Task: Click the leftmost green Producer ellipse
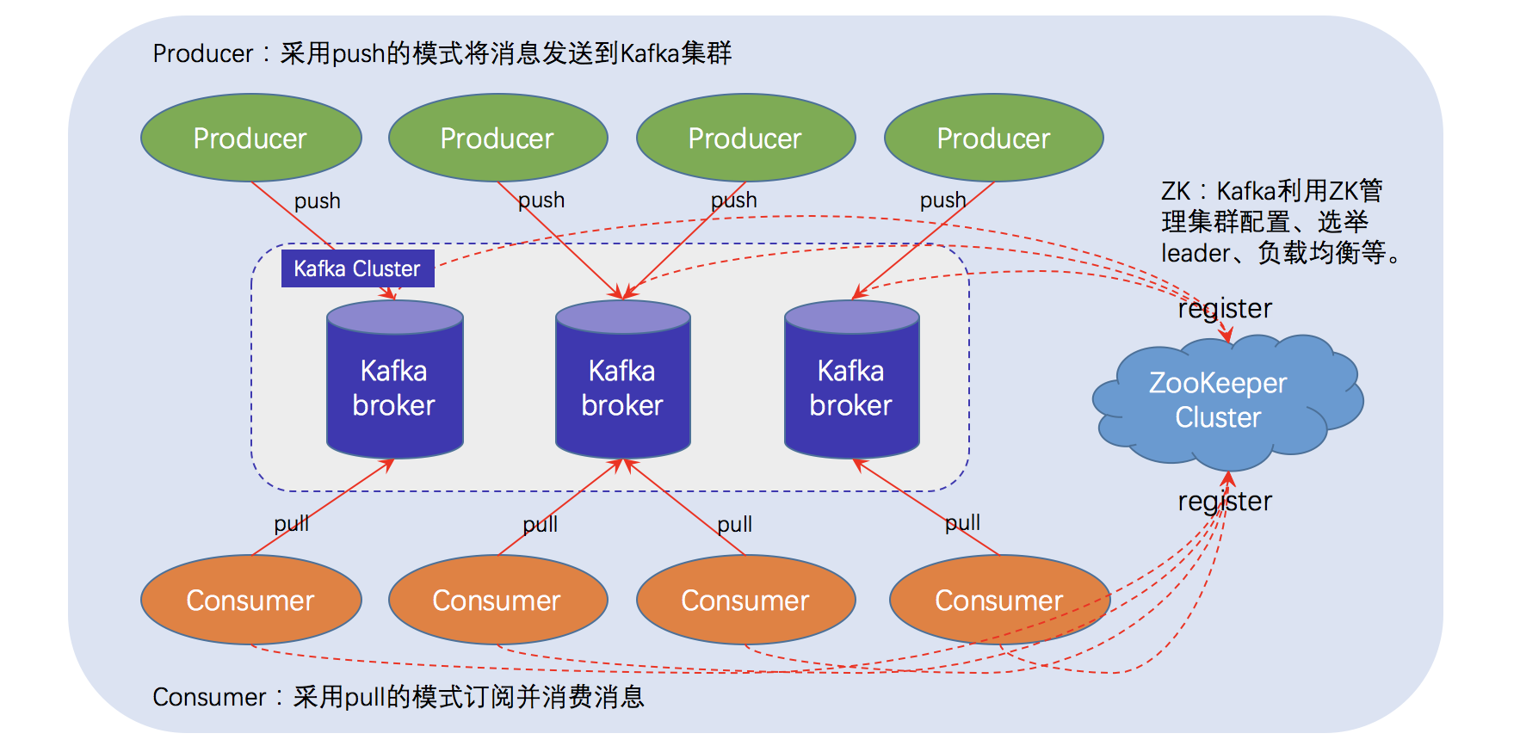(250, 138)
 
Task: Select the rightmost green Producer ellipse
(993, 138)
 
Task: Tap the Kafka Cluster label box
(357, 268)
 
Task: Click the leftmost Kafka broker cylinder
(394, 387)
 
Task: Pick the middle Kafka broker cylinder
(622, 387)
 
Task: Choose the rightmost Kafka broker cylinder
(851, 387)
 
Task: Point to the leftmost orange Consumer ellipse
(250, 600)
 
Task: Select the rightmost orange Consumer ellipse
(998, 600)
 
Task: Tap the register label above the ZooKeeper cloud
(1224, 308)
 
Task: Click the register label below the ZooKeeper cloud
(1224, 501)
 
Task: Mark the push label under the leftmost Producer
(317, 200)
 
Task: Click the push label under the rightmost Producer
(942, 200)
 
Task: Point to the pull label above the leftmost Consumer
(291, 523)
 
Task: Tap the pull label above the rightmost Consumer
(962, 522)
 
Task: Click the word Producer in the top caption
(202, 53)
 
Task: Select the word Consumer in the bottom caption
(209, 697)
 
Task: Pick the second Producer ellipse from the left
(497, 138)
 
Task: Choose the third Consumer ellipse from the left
(745, 600)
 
